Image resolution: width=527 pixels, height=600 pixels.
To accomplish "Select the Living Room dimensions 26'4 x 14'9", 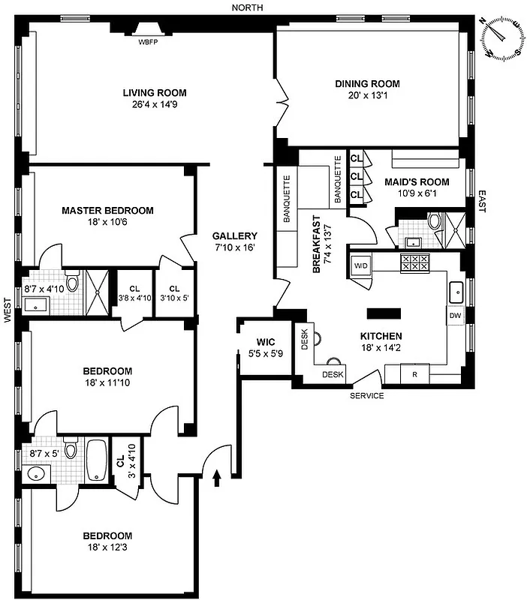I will [x=155, y=105].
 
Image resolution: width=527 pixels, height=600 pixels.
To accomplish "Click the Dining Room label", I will [x=367, y=83].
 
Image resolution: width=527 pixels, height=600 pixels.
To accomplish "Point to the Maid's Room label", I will [x=417, y=181].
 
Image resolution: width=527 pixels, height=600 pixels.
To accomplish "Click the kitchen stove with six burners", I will [x=415, y=262].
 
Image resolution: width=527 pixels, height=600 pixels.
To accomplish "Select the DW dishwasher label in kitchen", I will [x=455, y=316].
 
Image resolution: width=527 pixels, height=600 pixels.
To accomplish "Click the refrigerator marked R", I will [x=413, y=373].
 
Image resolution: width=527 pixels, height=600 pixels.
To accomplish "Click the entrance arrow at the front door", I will [x=218, y=476].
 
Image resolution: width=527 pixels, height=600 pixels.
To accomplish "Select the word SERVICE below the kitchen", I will [x=367, y=396].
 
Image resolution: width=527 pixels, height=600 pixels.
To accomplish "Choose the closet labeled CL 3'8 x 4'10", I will [x=135, y=293].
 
